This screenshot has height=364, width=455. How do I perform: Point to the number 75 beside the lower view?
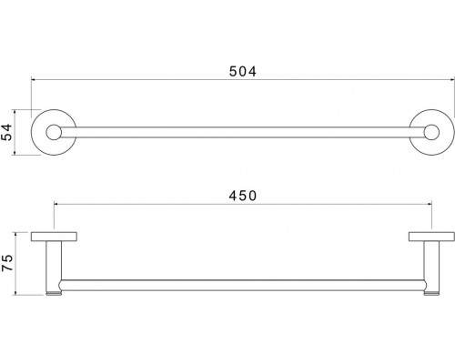point(7,265)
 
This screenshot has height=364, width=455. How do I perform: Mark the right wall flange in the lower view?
point(427,239)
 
